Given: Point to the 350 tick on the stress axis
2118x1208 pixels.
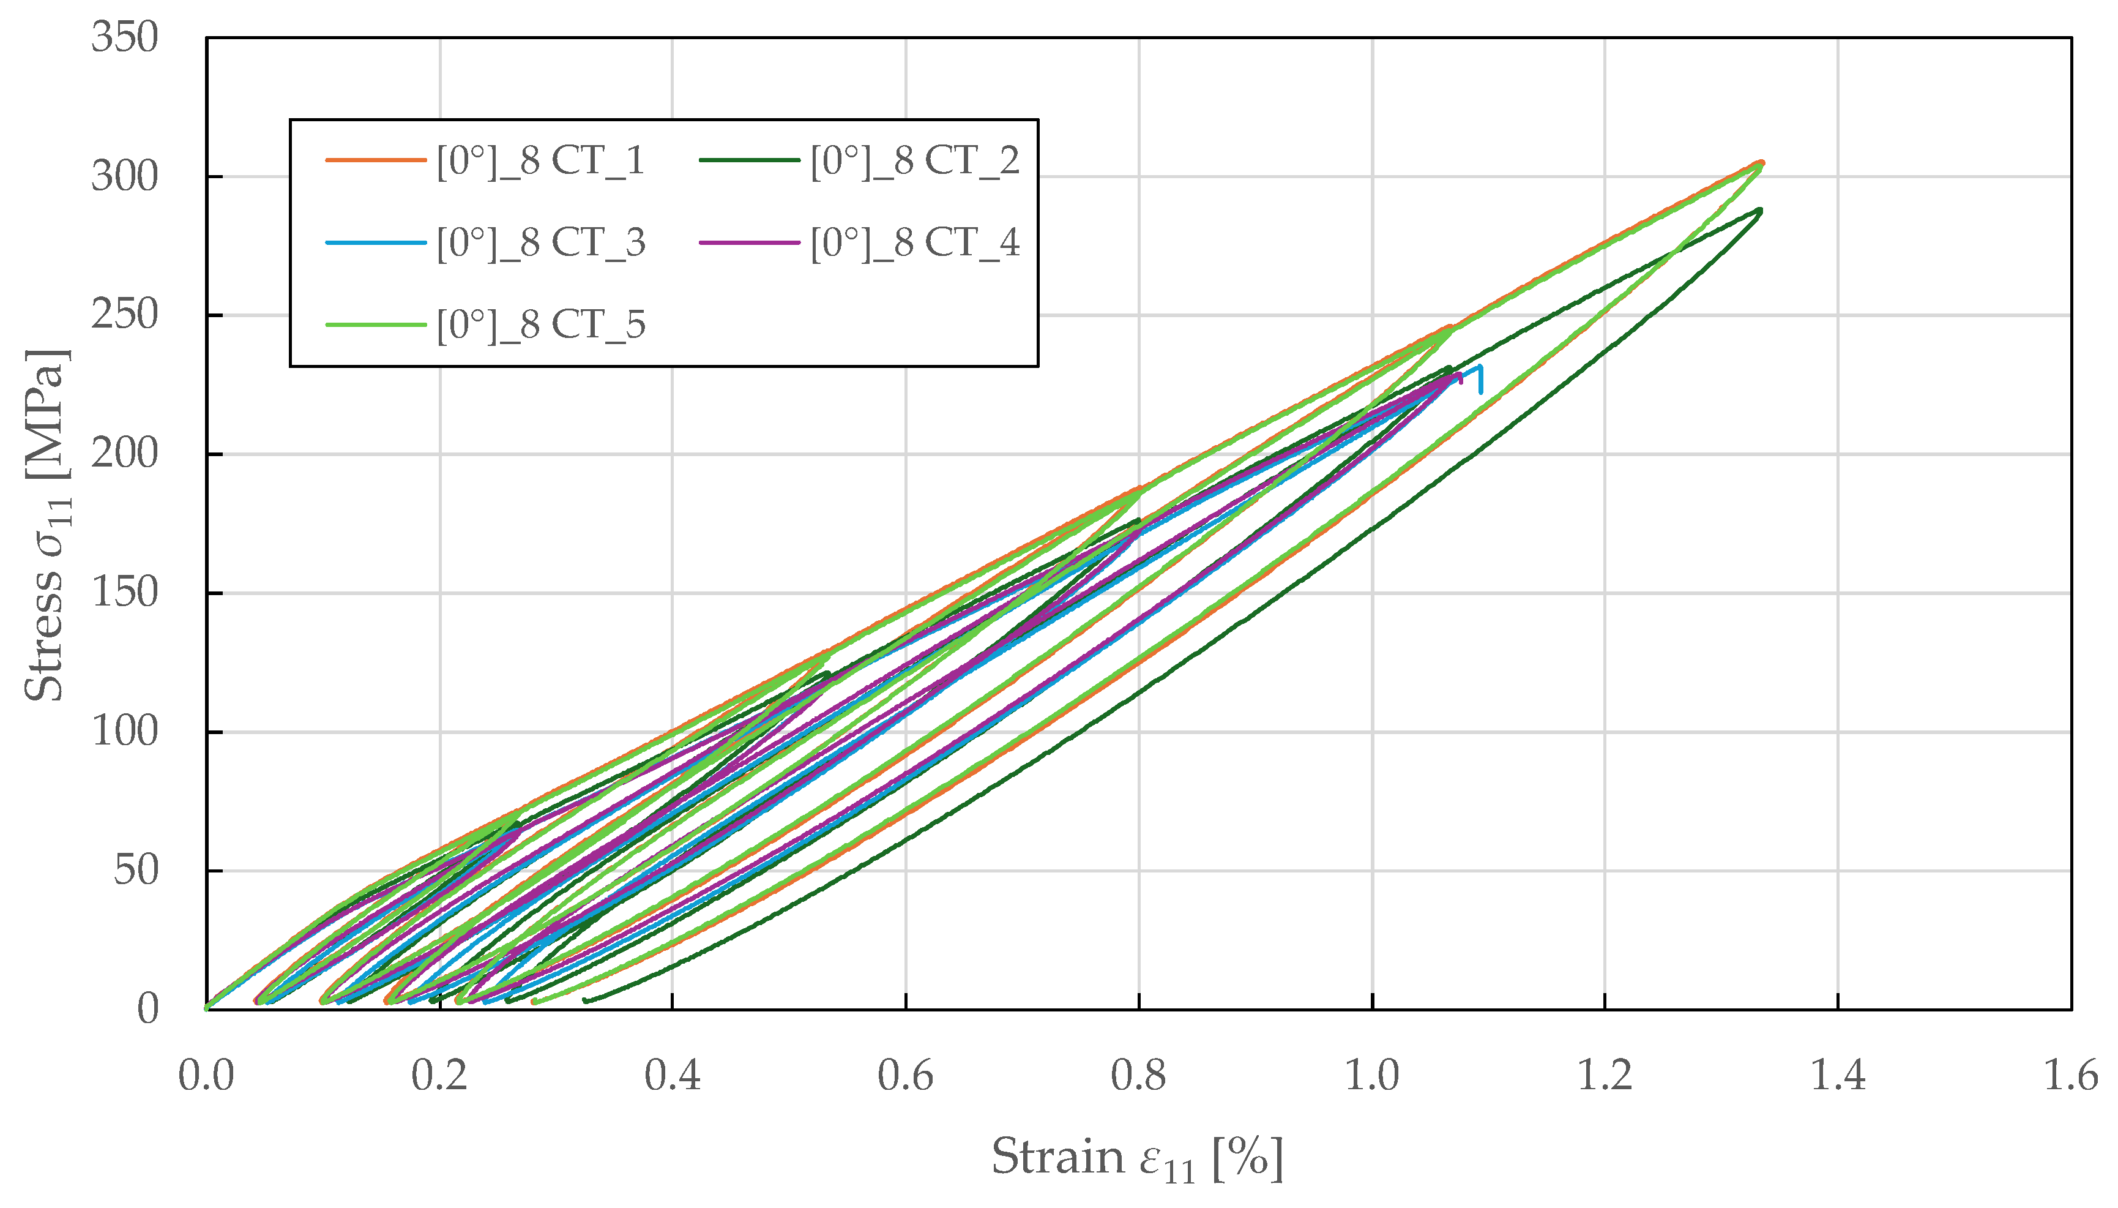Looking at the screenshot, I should point(124,38).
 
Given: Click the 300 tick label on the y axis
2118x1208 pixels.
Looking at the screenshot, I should point(124,177).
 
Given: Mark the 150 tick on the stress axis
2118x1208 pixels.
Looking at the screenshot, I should point(124,593).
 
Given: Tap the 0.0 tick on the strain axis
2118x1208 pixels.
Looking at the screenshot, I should point(206,1076).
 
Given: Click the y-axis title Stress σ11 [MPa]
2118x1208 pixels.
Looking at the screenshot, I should point(47,524).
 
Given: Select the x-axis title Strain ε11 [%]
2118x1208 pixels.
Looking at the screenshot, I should point(1137,1157).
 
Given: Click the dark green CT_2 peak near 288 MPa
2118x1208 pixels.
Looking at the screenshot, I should point(1758,211).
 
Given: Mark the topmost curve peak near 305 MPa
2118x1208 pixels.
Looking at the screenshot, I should point(1760,163).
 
